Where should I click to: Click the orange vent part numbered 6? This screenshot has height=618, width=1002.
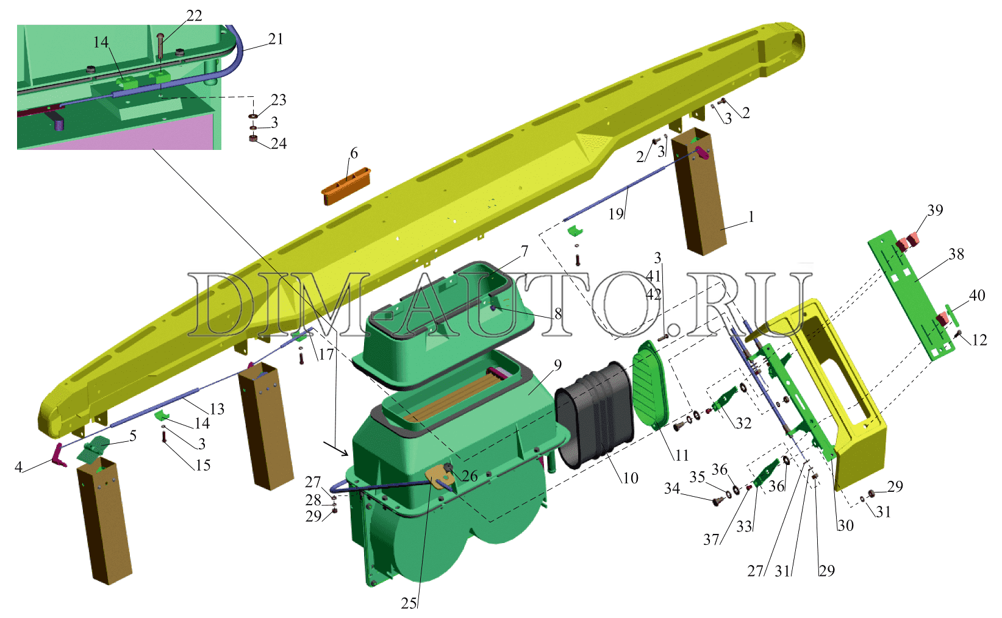pos(346,186)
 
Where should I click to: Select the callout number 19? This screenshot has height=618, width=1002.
pos(616,214)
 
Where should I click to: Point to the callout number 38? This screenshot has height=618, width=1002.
pos(956,254)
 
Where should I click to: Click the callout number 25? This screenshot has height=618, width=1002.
pos(409,603)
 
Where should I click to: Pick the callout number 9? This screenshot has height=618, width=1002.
pos(557,365)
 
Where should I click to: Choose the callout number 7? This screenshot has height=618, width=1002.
pos(524,251)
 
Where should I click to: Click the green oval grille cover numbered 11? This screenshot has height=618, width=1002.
pos(650,385)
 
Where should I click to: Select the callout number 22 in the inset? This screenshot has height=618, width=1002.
pos(194,16)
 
